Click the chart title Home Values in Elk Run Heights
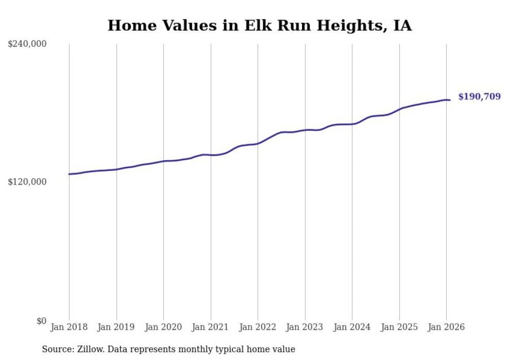click(x=259, y=26)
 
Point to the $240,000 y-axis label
click(x=27, y=44)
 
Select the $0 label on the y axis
click(x=41, y=321)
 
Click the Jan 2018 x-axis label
click(x=69, y=327)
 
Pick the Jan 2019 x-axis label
click(x=116, y=327)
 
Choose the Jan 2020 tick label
click(x=163, y=327)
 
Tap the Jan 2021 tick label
click(x=211, y=327)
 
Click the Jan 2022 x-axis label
click(x=258, y=327)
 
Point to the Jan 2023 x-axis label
click(x=305, y=327)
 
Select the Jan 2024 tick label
click(x=352, y=327)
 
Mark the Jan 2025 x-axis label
click(x=399, y=327)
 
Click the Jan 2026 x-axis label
click(x=446, y=327)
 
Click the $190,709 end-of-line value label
click(x=479, y=97)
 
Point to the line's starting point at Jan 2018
click(x=69, y=174)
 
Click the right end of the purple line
click(x=450, y=100)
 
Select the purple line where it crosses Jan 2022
click(x=258, y=143)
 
